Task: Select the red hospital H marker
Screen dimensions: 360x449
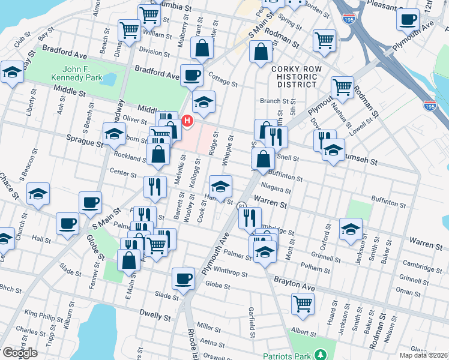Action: tap(187, 121)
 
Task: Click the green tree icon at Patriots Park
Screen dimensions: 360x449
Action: tap(319, 355)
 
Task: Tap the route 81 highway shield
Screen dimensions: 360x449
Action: tap(241, 205)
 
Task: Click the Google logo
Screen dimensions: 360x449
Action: tap(19, 352)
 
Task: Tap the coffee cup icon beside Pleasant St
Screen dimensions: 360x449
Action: tap(408, 19)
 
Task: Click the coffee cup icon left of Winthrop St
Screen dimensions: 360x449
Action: tap(183, 278)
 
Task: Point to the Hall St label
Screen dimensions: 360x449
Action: tap(41, 239)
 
